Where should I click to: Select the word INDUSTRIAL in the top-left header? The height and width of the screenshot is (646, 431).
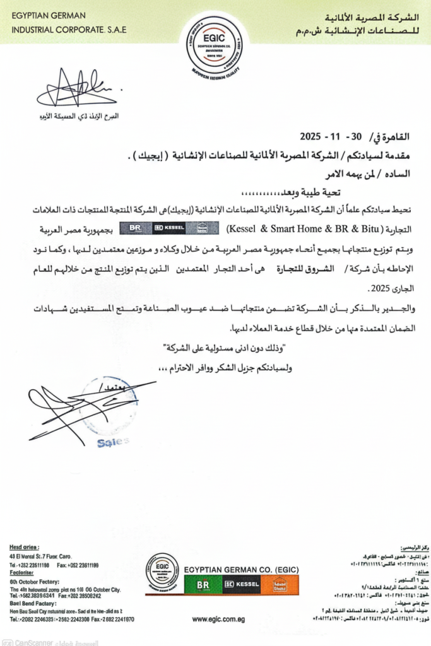30,29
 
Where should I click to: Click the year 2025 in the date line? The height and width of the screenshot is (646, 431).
310,136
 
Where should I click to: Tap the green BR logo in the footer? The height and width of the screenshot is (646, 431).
203,585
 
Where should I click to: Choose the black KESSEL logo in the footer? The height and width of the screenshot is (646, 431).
241,585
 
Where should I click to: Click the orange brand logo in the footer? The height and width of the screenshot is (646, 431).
279,585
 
